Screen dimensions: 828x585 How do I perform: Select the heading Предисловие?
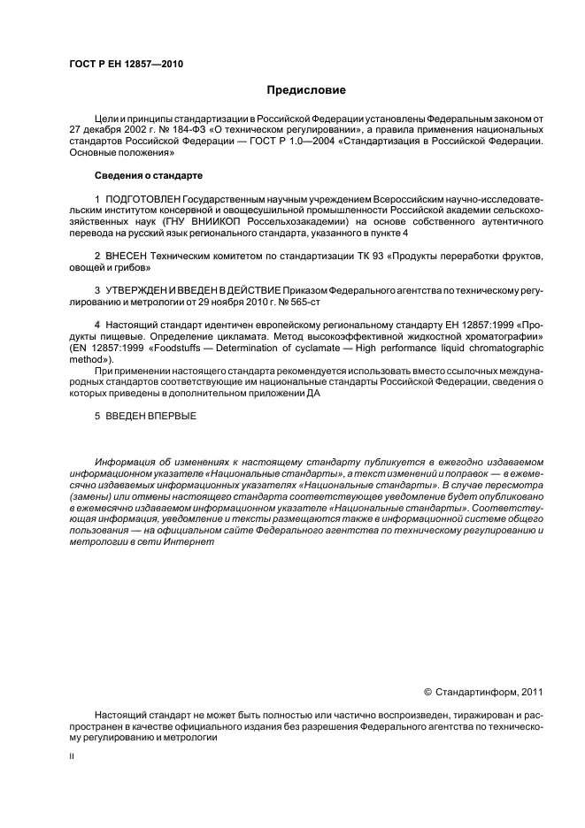coord(307,90)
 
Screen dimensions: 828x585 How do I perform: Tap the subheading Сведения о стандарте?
coord(149,174)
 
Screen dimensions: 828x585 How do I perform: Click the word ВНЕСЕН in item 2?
coord(127,255)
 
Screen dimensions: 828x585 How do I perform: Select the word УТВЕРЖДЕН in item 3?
coord(142,289)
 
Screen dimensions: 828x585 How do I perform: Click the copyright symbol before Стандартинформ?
coord(427,691)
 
